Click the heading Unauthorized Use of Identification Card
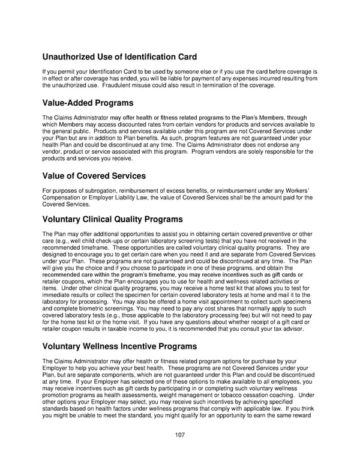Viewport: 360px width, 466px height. point(119,58)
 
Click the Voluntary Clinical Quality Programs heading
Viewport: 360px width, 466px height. point(112,220)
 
